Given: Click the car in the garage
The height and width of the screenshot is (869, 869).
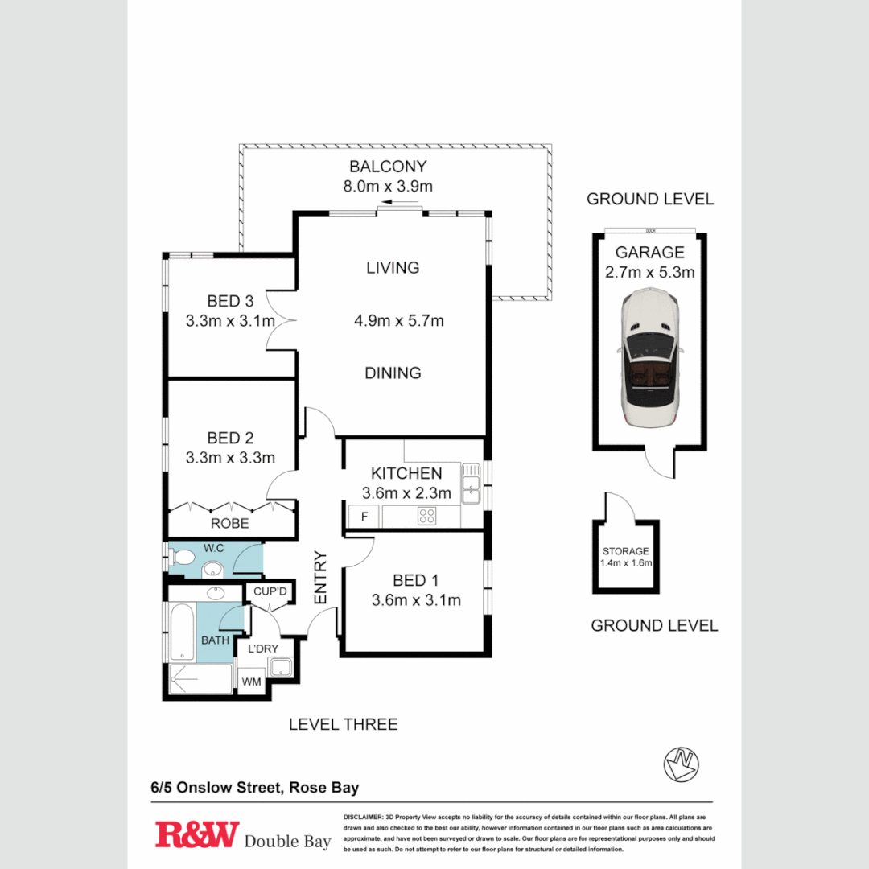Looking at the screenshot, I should coord(649,359).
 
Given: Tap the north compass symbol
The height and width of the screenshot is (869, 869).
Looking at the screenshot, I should coord(681,764).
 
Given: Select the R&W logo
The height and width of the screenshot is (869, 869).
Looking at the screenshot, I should coord(197,834).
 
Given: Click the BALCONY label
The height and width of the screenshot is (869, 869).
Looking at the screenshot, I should coord(387,167).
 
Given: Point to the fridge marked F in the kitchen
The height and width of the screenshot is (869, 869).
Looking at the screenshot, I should coord(364,517).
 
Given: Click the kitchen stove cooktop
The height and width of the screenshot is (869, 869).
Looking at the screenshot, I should coord(427,517).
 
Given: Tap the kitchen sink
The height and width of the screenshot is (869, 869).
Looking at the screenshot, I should coord(470,485).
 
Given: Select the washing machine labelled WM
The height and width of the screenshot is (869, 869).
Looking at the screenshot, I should coord(252,682).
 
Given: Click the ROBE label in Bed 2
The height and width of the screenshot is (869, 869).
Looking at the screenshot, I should coord(229,524).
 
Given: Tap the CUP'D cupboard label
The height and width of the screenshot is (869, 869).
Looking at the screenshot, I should coord(270,592).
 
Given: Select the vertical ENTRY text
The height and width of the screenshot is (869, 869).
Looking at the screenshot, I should coord(320,577).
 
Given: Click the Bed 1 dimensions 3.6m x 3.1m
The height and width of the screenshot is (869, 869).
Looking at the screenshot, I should coord(415,600).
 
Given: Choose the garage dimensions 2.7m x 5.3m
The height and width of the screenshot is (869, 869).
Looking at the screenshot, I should coord(649,272).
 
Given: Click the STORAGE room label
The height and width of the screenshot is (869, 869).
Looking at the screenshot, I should coord(625,551).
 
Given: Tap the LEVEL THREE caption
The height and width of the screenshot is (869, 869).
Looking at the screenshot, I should coord(344,724).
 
